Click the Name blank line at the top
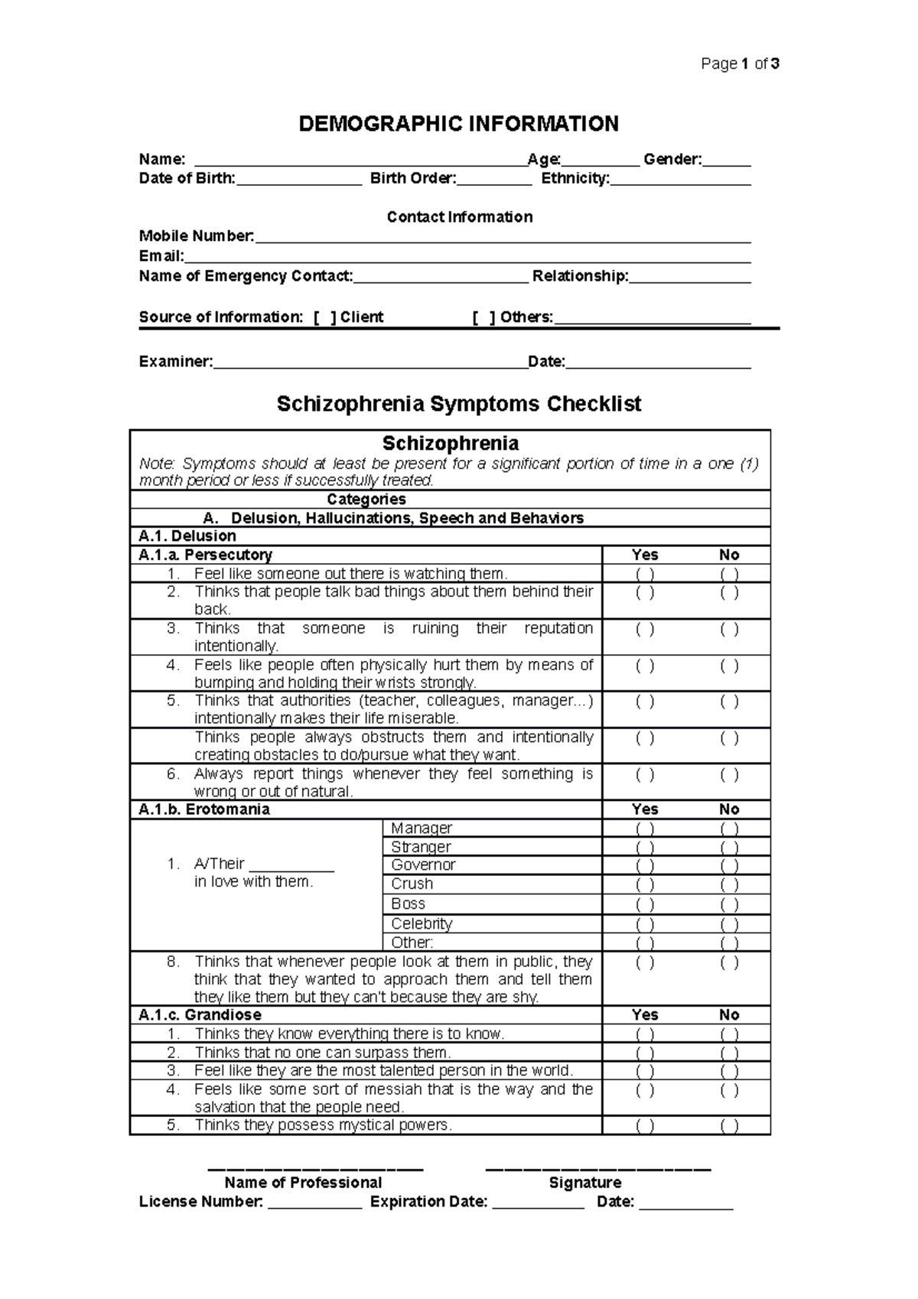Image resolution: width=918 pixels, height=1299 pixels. pos(360,160)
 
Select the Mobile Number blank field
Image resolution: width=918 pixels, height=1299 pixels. pos(502,236)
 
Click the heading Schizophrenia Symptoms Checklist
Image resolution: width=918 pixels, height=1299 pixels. pos(458,403)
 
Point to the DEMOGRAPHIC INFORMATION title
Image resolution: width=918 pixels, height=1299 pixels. pos(458,124)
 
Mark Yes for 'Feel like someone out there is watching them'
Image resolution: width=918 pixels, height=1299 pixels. pos(645,574)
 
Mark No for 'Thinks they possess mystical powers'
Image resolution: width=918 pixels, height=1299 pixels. pos(729,1125)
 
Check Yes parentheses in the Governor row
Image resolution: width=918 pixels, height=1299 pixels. pos(645,866)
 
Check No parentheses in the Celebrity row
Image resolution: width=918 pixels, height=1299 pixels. pos(729,924)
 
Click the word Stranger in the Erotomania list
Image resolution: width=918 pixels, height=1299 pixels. pos(421,847)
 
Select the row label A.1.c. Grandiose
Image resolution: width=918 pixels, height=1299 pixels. pos(200,1015)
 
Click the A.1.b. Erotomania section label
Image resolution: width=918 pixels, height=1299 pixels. pos(203,809)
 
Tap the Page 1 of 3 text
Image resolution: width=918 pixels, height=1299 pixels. pos(740,64)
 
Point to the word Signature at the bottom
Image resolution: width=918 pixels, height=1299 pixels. pos(584,1183)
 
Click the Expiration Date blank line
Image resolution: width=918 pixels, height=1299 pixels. pos(538,1202)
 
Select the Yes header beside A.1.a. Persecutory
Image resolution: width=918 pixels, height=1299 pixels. pos(645,555)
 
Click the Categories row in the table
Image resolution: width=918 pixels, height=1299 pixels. pos(366,500)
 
